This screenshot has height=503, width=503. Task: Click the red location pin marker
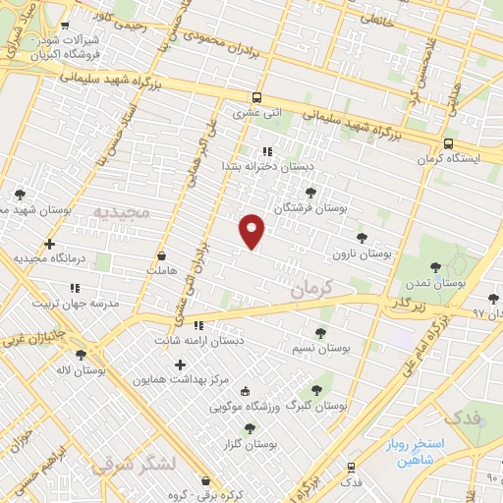pos(252,230)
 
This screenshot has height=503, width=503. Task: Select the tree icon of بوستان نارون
pos(362,237)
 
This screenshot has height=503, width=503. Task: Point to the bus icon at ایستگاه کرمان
pos(447,142)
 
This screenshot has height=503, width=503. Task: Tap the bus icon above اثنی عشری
pos(256,97)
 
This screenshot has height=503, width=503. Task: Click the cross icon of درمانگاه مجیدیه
pos(49,244)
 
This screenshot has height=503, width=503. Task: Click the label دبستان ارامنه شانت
pos(198,340)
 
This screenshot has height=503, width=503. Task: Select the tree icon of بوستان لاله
pos(81,356)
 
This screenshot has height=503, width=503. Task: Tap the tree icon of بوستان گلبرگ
pos(316,389)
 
